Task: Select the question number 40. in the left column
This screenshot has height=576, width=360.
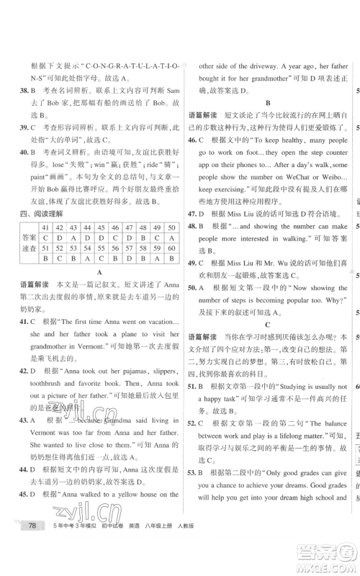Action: tap(25, 152)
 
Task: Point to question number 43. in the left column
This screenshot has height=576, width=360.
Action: tap(25, 419)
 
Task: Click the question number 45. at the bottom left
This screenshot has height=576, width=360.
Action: tap(25, 494)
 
